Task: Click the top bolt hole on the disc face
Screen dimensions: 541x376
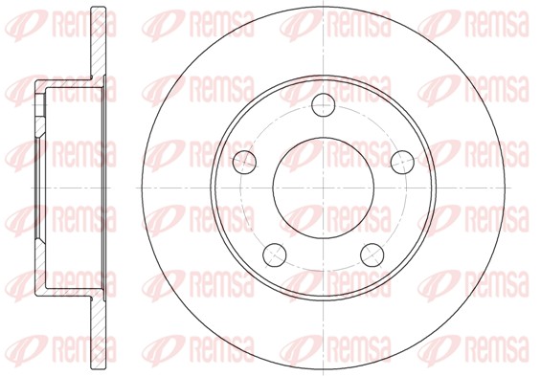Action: [x=324, y=105]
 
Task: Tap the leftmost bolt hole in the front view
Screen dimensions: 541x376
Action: [x=244, y=162]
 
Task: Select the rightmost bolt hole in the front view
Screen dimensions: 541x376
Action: [x=402, y=162]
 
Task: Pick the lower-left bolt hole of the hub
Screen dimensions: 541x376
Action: [x=275, y=254]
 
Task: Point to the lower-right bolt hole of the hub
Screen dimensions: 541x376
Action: [x=372, y=254]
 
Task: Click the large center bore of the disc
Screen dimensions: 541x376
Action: [x=324, y=188]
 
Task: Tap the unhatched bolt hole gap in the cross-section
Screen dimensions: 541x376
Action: [x=41, y=104]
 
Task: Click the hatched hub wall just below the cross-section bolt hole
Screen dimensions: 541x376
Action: [x=40, y=125]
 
